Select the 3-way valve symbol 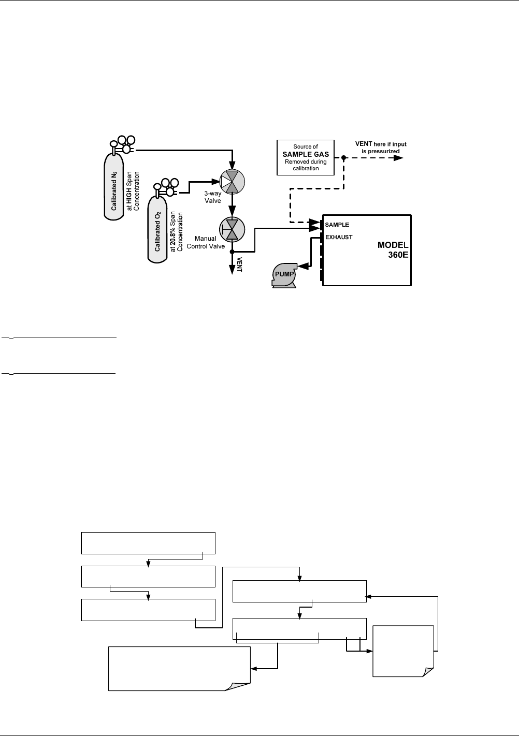232,182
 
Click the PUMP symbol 284,274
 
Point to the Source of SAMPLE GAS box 306,157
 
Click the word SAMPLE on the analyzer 337,225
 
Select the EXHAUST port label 339,238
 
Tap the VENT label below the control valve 239,264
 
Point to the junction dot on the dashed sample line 343,157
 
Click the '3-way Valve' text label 213,197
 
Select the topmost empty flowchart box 148,543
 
